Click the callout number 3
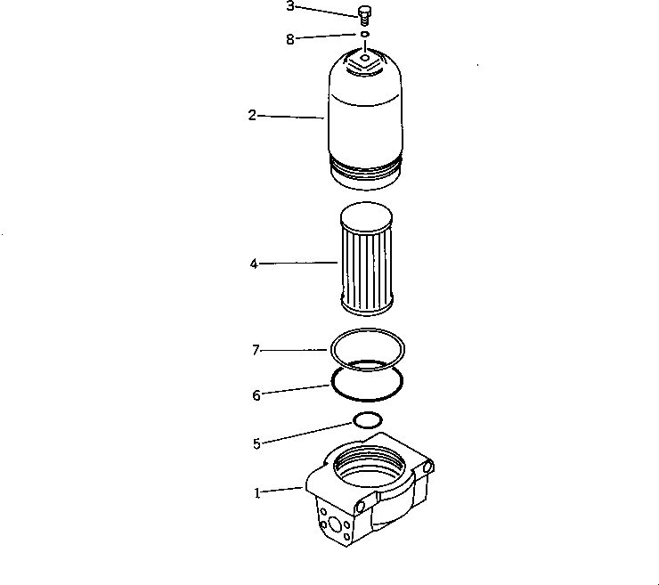290,6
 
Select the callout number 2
252,115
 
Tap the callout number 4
254,264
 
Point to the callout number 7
255,351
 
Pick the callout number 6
256,395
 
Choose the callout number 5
256,443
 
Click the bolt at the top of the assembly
363,14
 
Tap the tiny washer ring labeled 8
364,36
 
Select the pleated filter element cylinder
366,263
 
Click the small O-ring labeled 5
368,419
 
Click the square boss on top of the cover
365,63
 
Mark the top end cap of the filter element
366,214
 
